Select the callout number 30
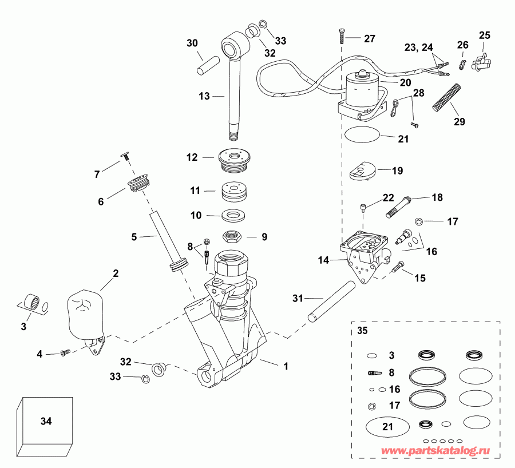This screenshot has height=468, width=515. click(x=192, y=42)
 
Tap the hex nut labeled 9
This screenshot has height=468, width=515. click(x=233, y=235)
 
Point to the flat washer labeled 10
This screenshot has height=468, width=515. click(x=233, y=216)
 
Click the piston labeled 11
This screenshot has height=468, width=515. click(x=235, y=191)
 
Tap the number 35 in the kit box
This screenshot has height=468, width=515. click(x=363, y=331)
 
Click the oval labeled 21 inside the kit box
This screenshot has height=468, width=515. click(x=387, y=426)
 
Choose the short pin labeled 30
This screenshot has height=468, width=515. click(x=205, y=62)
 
